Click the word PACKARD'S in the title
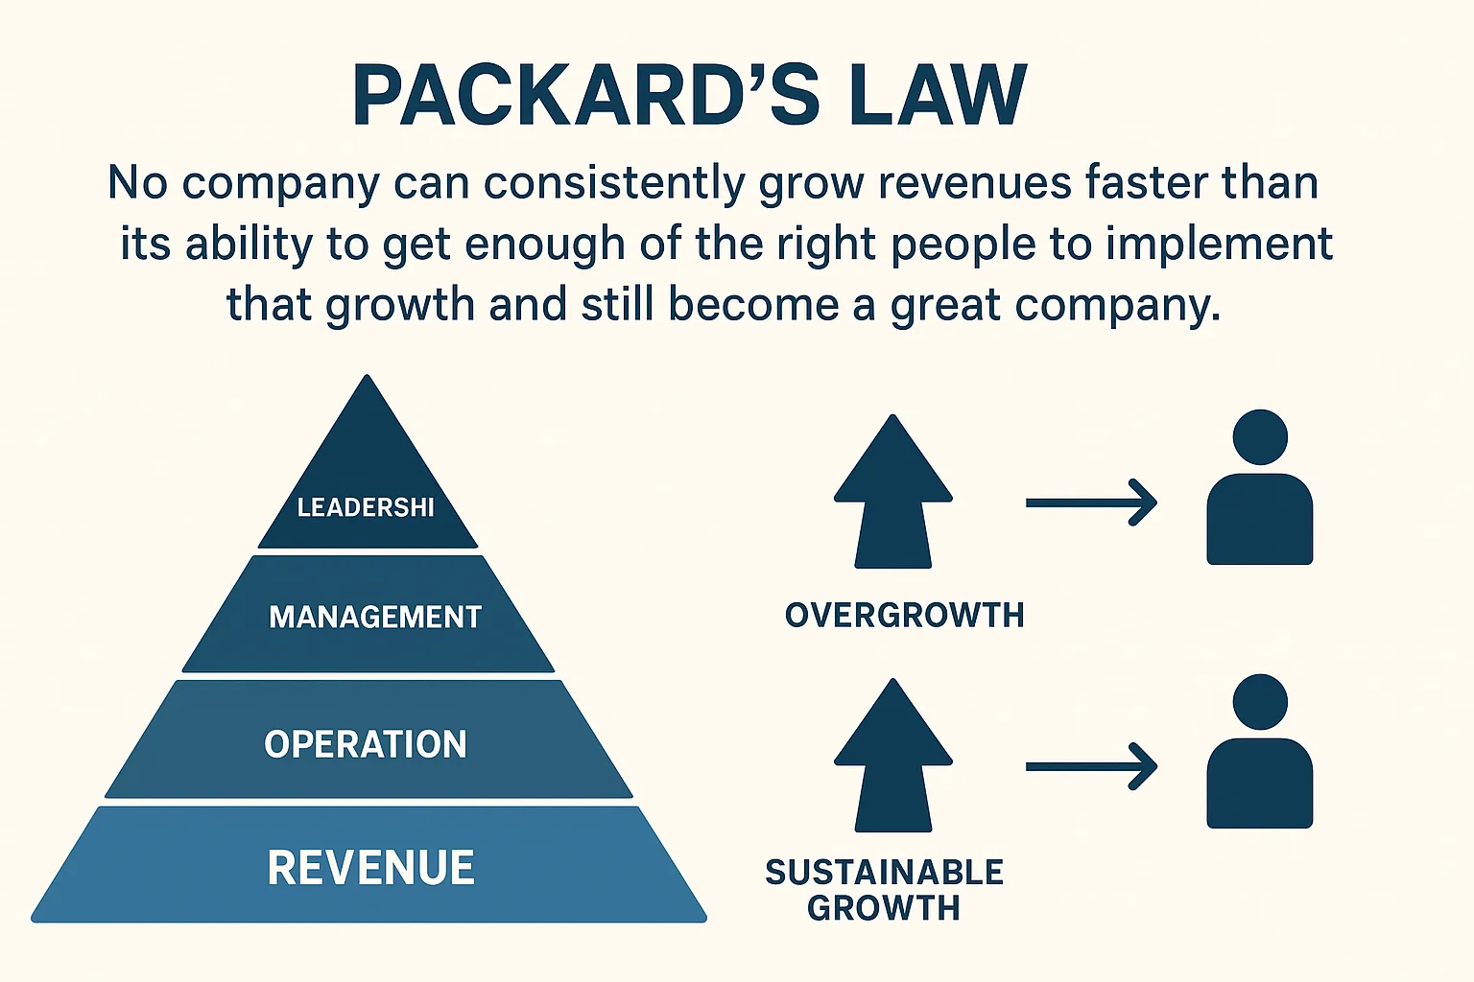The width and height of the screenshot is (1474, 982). click(x=585, y=96)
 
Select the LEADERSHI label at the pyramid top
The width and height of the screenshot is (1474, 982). click(x=366, y=507)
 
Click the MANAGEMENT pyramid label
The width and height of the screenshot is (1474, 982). click(x=375, y=617)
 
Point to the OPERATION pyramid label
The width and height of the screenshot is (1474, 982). click(x=366, y=744)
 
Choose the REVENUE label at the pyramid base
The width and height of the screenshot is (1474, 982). click(x=370, y=868)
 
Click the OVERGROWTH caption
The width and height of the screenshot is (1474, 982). click(x=904, y=615)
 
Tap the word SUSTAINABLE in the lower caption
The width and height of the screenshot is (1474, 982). click(x=884, y=872)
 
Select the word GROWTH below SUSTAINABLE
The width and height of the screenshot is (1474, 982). click(x=883, y=907)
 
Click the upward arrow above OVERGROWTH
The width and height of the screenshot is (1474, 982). click(x=892, y=494)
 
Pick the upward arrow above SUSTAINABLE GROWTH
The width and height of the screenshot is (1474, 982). click(x=892, y=758)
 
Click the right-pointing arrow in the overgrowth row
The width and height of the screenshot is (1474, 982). click(x=1091, y=503)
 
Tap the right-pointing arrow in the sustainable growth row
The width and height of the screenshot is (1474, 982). click(x=1091, y=766)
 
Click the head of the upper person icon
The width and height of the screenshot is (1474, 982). click(x=1259, y=437)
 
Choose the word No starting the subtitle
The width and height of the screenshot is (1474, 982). click(x=138, y=182)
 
